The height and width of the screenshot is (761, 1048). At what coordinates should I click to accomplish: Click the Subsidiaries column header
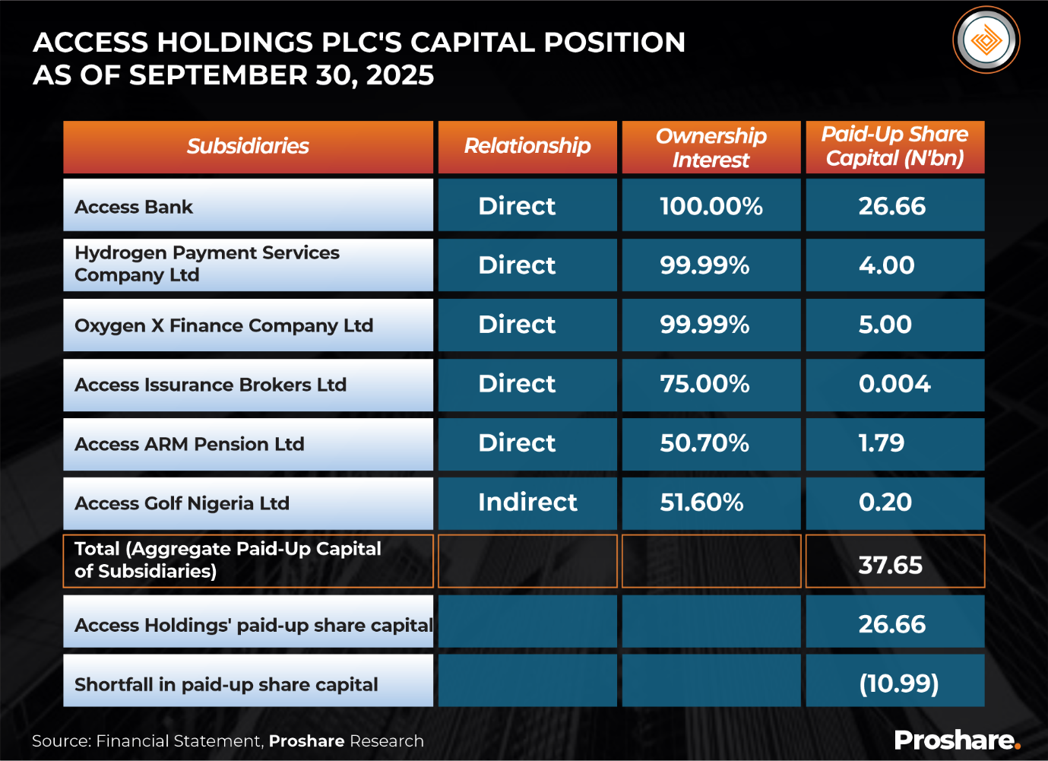click(248, 146)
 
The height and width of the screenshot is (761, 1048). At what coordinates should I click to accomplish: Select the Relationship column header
click(527, 146)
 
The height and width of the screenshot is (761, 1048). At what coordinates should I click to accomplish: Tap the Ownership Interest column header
click(711, 147)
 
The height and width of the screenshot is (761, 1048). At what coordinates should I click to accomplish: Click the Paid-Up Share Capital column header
click(894, 146)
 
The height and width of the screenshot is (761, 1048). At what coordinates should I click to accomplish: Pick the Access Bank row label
click(134, 207)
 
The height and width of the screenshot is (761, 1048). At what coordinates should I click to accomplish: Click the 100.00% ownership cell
click(711, 206)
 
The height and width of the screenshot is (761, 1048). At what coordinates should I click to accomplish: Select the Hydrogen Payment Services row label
click(207, 264)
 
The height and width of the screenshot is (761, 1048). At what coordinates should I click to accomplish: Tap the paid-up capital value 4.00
click(886, 265)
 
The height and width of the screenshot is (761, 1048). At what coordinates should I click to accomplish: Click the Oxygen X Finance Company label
click(223, 325)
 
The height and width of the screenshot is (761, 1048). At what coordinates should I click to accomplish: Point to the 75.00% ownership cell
click(704, 384)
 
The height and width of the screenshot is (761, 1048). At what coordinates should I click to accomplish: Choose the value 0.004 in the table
click(894, 384)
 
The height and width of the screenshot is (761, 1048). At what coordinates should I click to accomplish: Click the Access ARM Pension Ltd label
click(189, 444)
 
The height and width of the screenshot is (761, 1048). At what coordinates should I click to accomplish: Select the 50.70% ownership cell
click(704, 443)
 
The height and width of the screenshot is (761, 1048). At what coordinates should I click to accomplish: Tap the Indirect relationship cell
click(527, 503)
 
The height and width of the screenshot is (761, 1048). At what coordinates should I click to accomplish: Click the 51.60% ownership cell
click(701, 503)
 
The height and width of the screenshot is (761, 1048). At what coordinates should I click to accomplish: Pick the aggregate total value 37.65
click(890, 565)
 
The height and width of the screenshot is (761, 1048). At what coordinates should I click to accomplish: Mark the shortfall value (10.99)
click(899, 683)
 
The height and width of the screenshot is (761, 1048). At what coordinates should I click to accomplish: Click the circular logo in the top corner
click(986, 40)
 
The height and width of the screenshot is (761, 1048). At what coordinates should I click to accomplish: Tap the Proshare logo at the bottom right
click(957, 740)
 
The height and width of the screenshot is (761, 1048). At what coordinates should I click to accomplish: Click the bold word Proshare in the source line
click(306, 741)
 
